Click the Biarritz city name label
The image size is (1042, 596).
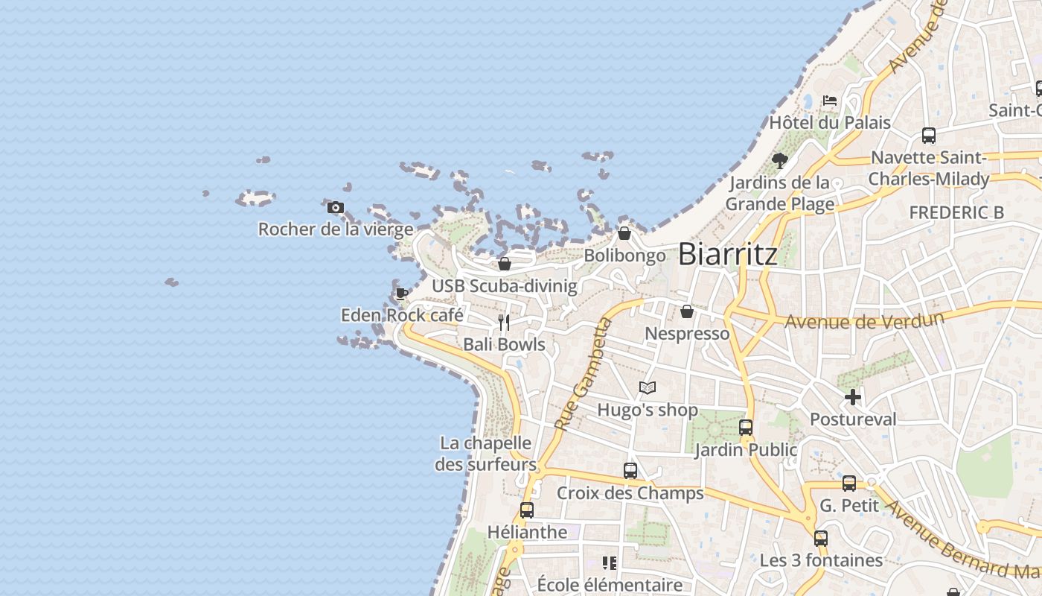(x=728, y=254)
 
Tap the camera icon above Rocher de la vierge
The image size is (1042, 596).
(x=336, y=207)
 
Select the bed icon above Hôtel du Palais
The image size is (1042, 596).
(x=830, y=101)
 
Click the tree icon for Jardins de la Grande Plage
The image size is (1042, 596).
(x=779, y=160)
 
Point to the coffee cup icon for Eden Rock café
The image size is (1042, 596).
(x=402, y=293)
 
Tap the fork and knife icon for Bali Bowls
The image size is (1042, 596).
(x=505, y=323)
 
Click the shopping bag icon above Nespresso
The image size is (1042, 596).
(x=687, y=311)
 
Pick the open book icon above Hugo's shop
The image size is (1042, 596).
(x=648, y=388)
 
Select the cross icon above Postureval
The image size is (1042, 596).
(x=853, y=397)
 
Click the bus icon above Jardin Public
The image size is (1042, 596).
(x=746, y=428)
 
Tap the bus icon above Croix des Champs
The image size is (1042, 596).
(x=630, y=471)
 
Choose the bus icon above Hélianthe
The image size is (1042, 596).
(x=527, y=510)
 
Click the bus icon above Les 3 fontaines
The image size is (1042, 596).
(x=821, y=538)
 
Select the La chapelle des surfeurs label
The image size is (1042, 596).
(x=486, y=454)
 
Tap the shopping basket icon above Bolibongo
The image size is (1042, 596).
(x=624, y=234)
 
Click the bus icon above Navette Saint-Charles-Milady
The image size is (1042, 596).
(x=929, y=136)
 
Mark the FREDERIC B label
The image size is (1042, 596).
(x=956, y=212)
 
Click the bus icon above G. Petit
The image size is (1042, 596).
(x=849, y=484)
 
